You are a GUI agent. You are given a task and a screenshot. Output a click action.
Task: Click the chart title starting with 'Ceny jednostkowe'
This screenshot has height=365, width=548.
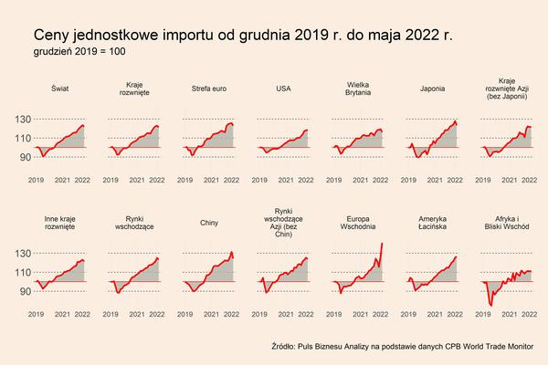(242, 34)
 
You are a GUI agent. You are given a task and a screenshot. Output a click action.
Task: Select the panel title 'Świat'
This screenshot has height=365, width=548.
(59, 89)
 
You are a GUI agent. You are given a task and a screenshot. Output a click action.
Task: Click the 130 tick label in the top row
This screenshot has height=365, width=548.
(22, 120)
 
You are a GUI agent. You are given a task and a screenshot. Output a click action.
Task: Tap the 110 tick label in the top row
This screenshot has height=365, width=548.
(22, 138)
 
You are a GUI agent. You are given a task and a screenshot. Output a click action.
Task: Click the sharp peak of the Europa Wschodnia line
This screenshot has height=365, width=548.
(381, 242)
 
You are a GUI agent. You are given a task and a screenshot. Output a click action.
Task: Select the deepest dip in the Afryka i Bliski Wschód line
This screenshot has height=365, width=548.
(491, 305)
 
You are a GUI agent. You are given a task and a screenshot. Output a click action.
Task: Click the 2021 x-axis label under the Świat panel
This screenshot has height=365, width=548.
(62, 180)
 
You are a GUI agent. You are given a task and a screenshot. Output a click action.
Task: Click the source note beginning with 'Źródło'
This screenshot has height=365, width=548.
(402, 347)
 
